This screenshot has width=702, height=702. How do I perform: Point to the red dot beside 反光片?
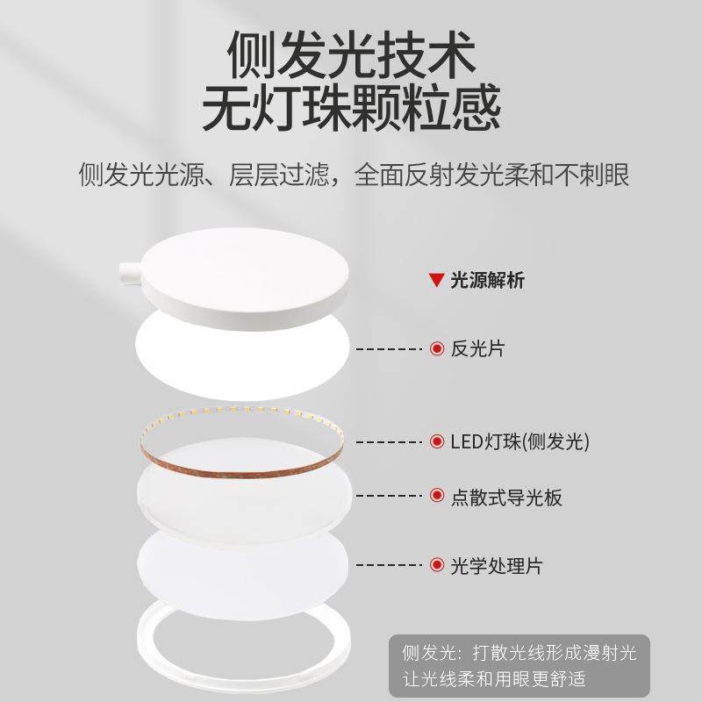437,348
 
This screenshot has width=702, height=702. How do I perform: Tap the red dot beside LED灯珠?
437,441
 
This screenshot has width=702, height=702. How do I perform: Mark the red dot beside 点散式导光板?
437,497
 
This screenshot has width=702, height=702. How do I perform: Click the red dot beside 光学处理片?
437,565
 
